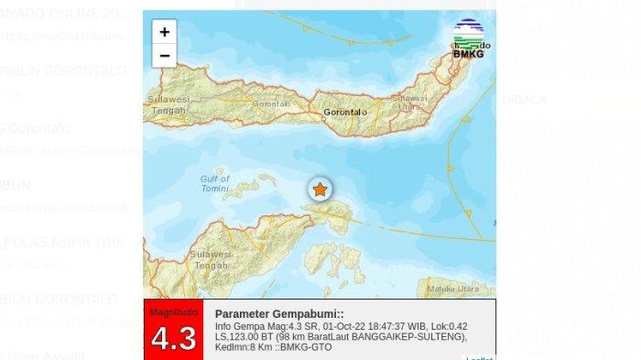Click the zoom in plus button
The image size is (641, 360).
click(164, 32)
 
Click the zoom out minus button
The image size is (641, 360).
click(164, 56)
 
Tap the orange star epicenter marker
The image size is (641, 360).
click(320, 190)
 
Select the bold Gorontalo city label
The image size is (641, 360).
click(344, 113)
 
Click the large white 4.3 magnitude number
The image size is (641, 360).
click(173, 338)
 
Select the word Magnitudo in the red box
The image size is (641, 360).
click(173, 311)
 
